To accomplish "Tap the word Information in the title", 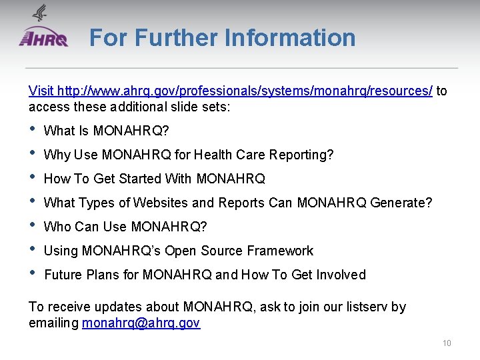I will click(x=290, y=37).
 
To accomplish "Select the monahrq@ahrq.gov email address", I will click(x=141, y=323).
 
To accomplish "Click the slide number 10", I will click(x=447, y=343).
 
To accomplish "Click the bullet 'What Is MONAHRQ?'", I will click(x=106, y=131).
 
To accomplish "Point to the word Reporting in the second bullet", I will click(x=301, y=155).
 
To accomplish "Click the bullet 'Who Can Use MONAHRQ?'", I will click(x=125, y=227).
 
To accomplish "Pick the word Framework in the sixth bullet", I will click(x=280, y=251).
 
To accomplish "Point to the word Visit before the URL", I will click(x=41, y=91).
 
